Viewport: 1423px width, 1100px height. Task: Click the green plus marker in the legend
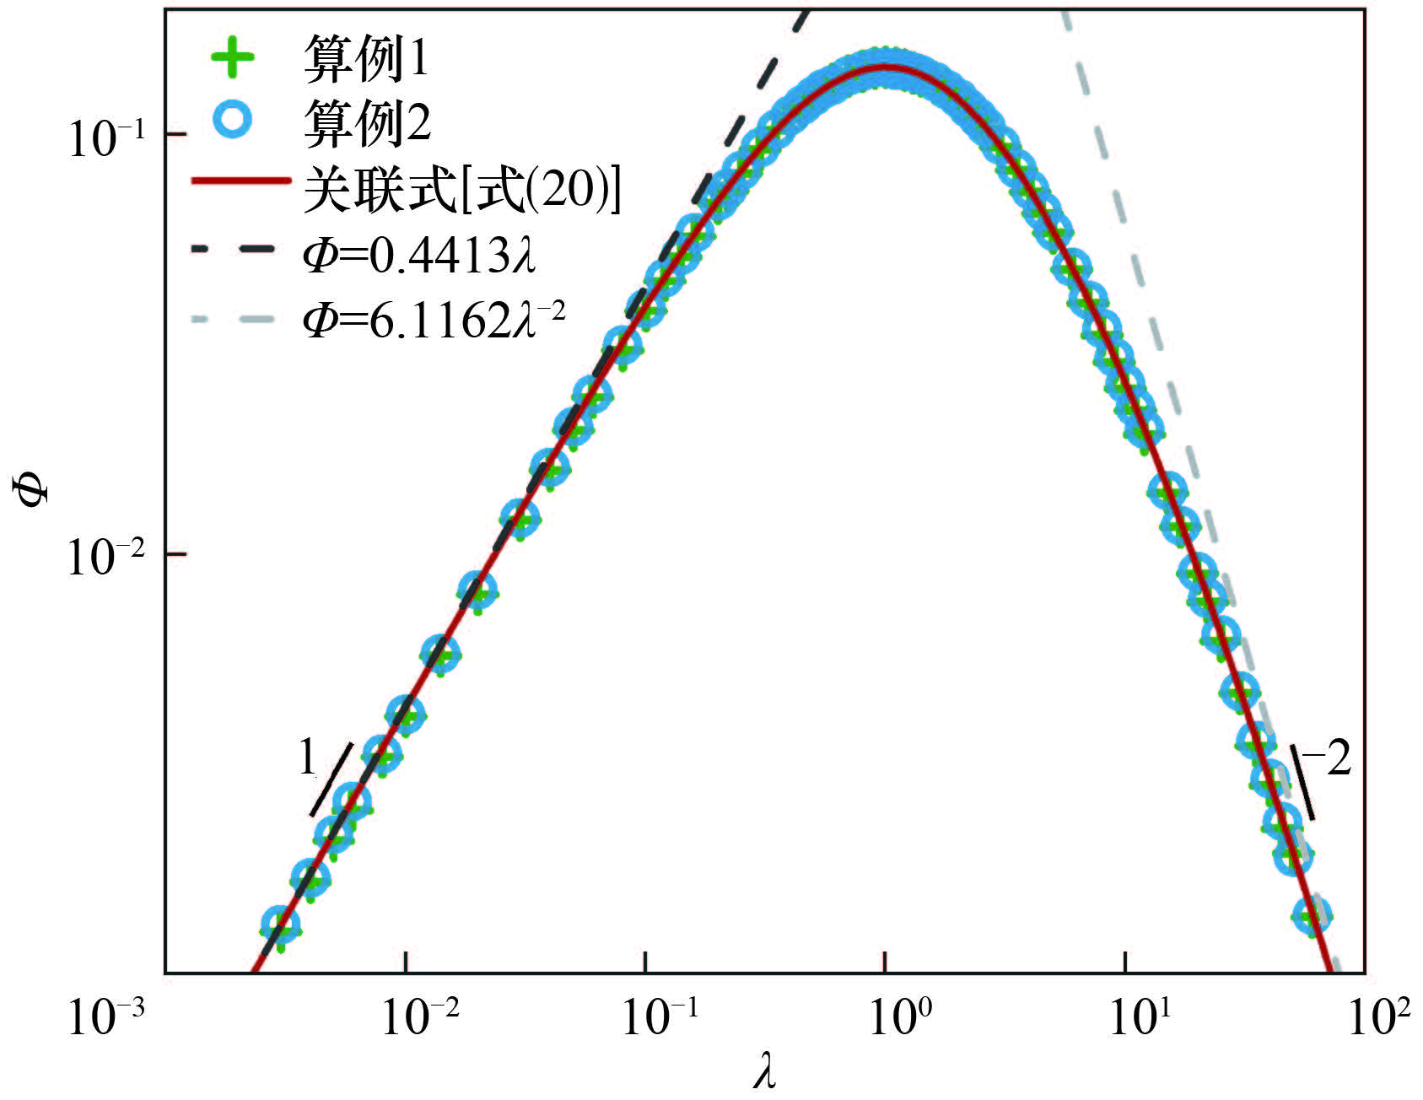233,58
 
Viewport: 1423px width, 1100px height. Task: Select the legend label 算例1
365,59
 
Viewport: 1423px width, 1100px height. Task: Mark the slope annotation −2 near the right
1328,758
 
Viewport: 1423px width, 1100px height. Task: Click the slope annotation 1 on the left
308,758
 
